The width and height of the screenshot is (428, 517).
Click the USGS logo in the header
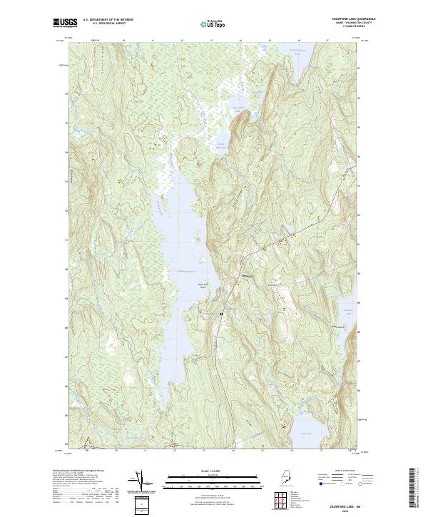click(x=65, y=23)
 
